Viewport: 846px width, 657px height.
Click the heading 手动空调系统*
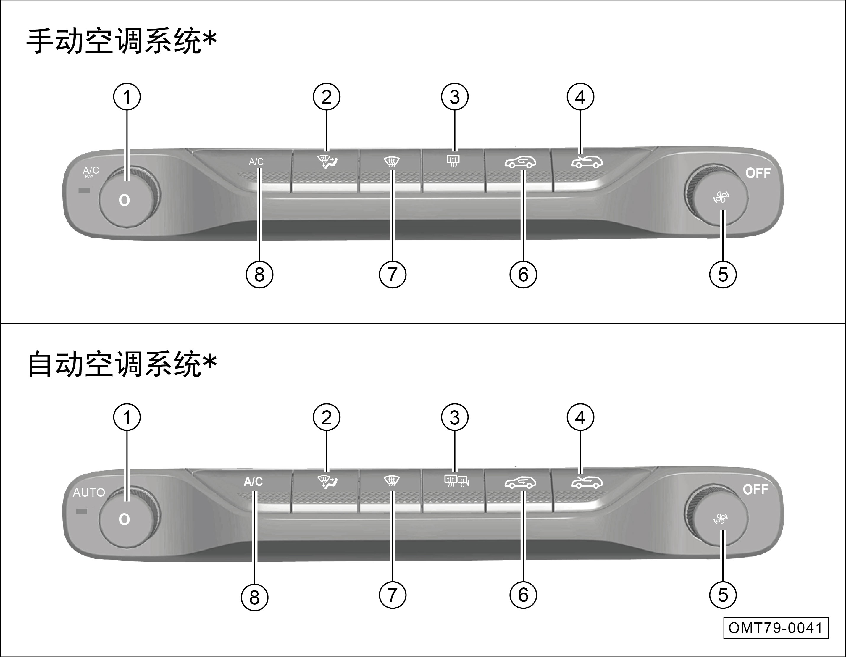point(121,41)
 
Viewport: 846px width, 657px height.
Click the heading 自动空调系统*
point(121,364)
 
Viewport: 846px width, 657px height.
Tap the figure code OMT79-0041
point(776,628)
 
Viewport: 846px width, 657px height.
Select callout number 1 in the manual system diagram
point(127,97)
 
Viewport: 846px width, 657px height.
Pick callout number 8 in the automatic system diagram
point(254,597)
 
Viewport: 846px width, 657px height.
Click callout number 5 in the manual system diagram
point(723,275)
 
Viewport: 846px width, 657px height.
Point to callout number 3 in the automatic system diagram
point(455,418)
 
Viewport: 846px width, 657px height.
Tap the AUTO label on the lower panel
point(89,492)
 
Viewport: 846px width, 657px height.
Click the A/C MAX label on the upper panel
point(91,171)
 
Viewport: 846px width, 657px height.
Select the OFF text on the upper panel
point(758,173)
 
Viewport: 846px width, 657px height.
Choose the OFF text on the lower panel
point(755,490)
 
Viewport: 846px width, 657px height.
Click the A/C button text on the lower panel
point(253,482)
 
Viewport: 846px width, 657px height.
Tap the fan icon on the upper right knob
point(721,198)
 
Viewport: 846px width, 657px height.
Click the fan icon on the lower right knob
point(721,519)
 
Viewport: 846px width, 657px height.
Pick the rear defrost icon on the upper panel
point(453,160)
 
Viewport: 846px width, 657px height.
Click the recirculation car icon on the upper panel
point(520,162)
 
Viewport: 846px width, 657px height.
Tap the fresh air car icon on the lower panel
point(587,482)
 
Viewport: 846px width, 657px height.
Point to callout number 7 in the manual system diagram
point(393,275)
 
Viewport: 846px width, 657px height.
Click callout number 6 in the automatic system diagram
point(523,595)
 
